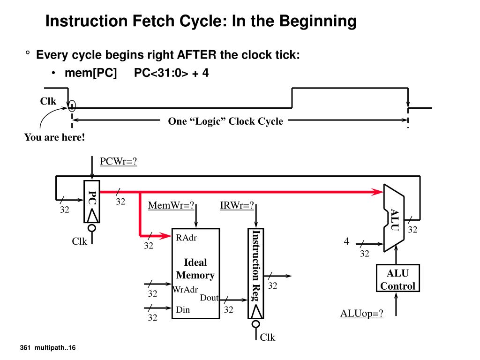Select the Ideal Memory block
[x=195, y=273]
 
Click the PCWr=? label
[x=118, y=161]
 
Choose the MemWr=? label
[x=171, y=206]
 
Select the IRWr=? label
[x=237, y=206]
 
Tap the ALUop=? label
[x=361, y=314]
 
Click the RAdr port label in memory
[x=186, y=238]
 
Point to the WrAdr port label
[x=185, y=289]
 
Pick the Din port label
[x=183, y=309]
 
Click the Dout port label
[x=209, y=298]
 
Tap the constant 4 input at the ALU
[x=346, y=241]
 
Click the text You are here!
[x=54, y=137]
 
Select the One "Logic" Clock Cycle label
[x=225, y=121]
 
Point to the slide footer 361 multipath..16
[x=48, y=347]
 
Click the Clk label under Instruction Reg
[x=268, y=337]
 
